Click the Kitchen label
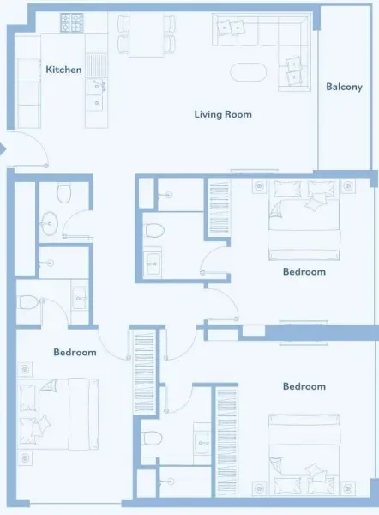[63, 69]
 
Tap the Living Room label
[222, 114]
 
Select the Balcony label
[344, 87]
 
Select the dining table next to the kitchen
[147, 34]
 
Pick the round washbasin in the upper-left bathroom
[49, 223]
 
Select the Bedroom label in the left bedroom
[75, 352]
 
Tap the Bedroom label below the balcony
[304, 272]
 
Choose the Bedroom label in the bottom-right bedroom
[304, 386]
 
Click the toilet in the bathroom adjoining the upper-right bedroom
[154, 229]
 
